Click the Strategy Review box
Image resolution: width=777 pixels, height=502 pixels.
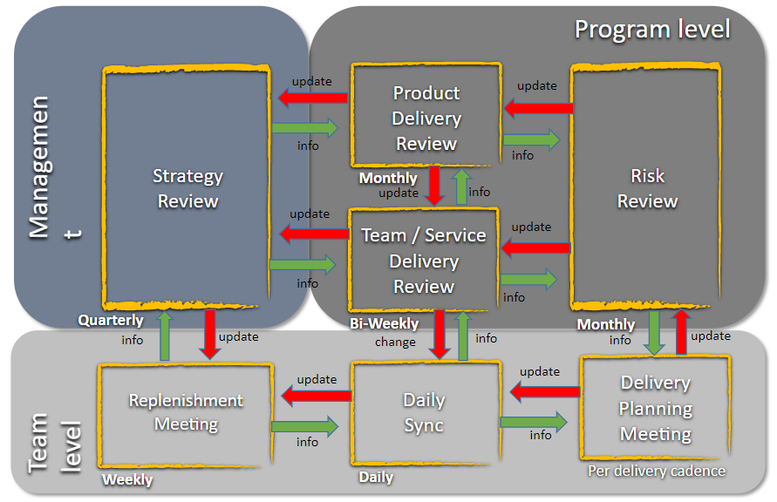[x=187, y=188]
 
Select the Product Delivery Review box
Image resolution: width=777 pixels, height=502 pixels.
[x=426, y=118]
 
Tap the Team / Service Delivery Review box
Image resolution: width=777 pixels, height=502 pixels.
[x=424, y=260]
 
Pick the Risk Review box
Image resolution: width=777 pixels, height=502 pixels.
[x=646, y=188]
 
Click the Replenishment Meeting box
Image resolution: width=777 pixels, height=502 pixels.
[x=186, y=412]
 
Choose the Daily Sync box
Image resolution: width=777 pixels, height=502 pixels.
[x=424, y=413]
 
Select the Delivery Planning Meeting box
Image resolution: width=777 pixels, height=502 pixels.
[x=655, y=408]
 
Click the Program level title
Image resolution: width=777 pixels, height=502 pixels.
[x=651, y=29]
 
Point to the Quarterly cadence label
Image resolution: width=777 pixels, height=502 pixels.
[x=111, y=320]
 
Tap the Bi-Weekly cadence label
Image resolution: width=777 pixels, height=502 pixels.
[x=384, y=323]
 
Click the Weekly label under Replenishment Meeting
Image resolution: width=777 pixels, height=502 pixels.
[x=127, y=479]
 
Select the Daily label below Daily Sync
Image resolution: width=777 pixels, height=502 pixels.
[x=376, y=477]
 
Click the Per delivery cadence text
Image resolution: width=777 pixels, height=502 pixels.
[x=656, y=471]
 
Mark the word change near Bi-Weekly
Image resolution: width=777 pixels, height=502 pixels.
[x=395, y=342]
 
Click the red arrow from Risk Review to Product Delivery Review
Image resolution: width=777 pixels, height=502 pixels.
[x=537, y=108]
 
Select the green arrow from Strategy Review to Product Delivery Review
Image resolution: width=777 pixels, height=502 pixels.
[x=304, y=128]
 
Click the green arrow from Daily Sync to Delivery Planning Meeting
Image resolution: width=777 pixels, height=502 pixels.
[x=533, y=422]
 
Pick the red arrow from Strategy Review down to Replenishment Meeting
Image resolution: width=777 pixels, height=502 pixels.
[x=209, y=333]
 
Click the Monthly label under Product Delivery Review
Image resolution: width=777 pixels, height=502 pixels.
[x=388, y=178]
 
